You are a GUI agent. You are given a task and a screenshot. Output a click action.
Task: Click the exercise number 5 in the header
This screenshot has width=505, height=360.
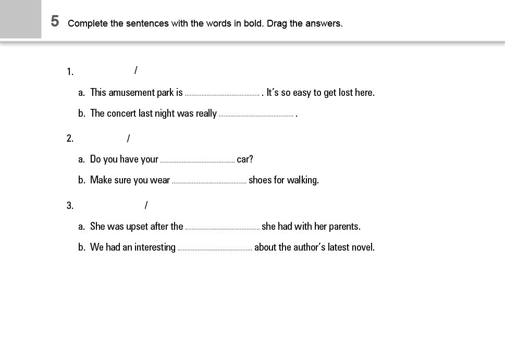tap(55, 21)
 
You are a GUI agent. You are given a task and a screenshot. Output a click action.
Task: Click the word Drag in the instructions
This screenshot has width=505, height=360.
tap(277, 23)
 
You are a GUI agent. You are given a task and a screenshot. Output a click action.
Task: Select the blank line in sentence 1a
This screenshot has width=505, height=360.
tap(222, 94)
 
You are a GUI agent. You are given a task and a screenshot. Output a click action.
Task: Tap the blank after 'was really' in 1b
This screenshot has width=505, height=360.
tap(256, 115)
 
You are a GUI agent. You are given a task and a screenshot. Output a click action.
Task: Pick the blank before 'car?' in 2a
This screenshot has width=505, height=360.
tap(198, 160)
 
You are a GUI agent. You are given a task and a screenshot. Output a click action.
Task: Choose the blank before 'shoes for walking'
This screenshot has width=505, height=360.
tap(209, 181)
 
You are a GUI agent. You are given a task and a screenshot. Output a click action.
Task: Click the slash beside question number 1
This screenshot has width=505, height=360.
tap(136, 70)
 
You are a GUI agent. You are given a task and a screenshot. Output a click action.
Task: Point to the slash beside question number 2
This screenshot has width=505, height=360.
tap(128, 138)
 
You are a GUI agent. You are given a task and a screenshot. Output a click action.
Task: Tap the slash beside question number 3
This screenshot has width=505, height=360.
tap(146, 205)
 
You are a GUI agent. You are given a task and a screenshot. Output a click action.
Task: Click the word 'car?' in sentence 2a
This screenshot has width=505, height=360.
tap(245, 159)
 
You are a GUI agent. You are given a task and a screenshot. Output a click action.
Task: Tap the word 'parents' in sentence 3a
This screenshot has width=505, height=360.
tap(343, 227)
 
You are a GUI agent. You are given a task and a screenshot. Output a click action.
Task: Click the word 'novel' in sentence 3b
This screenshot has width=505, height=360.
tap(363, 247)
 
